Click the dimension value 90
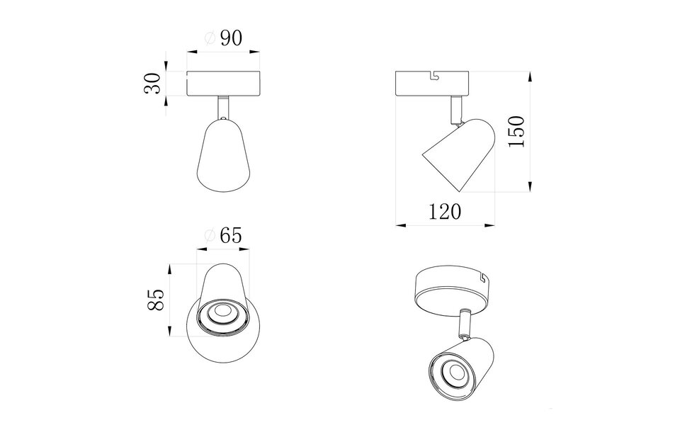[232, 39]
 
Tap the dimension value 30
[150, 84]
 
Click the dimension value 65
[231, 236]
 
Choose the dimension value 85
[156, 300]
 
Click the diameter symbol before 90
[210, 40]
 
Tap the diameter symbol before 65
[209, 237]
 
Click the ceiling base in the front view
[225, 84]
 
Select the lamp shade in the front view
[224, 157]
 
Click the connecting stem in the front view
[224, 107]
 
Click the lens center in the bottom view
[225, 311]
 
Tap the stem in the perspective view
[465, 323]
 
